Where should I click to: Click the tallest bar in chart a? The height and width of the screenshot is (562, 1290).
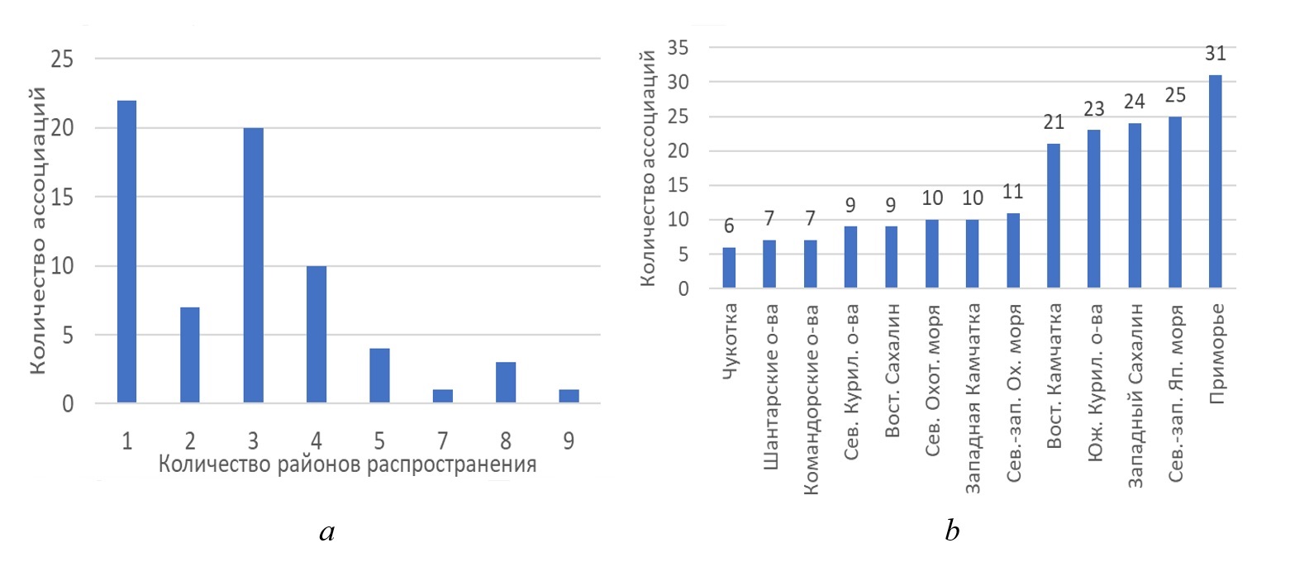pyautogui.click(x=126, y=252)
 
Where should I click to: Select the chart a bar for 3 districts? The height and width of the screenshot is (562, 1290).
pyautogui.click(x=253, y=266)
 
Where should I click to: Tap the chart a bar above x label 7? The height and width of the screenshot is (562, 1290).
pyautogui.click(x=443, y=396)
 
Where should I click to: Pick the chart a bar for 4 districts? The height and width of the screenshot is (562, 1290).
pyautogui.click(x=317, y=335)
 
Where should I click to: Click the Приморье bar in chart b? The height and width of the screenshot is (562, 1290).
pyautogui.click(x=1215, y=182)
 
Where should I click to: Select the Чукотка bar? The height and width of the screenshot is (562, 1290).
pyautogui.click(x=729, y=268)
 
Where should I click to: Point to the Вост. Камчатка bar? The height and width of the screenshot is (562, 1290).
pyautogui.click(x=1053, y=217)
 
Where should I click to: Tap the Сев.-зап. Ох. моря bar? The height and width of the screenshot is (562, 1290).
pyautogui.click(x=1012, y=251)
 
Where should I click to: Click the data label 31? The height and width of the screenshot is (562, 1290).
pyautogui.click(x=1215, y=54)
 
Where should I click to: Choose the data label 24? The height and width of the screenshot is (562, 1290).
pyautogui.click(x=1134, y=102)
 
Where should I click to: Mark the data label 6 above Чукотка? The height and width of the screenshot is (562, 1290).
pyautogui.click(x=729, y=227)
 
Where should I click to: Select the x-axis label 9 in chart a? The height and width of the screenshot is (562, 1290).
pyautogui.click(x=569, y=440)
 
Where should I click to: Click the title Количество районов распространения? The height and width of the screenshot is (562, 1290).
pyautogui.click(x=347, y=464)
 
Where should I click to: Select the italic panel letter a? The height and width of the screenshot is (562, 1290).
pyautogui.click(x=326, y=532)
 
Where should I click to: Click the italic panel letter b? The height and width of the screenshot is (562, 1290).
pyautogui.click(x=952, y=531)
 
